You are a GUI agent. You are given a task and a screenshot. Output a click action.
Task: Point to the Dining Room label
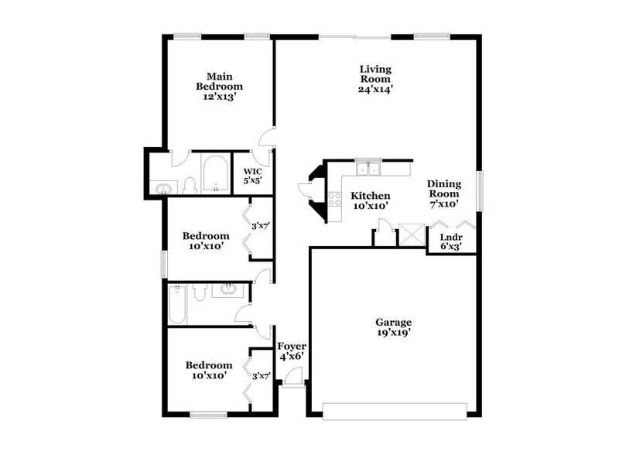click(x=444, y=189)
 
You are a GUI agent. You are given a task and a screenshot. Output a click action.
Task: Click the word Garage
click(x=393, y=322)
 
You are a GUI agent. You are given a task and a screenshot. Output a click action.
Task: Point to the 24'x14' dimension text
click(x=376, y=89)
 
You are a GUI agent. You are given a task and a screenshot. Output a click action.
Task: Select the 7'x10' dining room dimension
click(x=444, y=204)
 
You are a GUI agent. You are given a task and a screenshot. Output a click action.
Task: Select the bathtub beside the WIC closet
click(x=214, y=175)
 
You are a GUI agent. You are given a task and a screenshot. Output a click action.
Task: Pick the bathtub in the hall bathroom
click(x=176, y=304)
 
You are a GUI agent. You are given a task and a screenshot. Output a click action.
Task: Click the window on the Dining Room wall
click(x=480, y=190)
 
